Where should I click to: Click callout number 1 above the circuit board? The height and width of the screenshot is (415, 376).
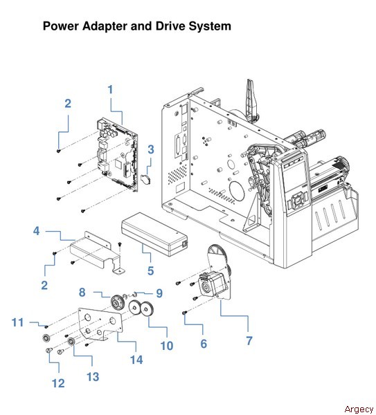(109, 89)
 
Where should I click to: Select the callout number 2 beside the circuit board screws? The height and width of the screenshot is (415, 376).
(68, 104)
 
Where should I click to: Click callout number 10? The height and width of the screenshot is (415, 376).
(165, 345)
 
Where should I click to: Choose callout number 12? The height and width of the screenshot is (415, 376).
(58, 382)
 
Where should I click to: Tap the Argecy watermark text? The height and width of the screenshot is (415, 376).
(357, 409)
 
